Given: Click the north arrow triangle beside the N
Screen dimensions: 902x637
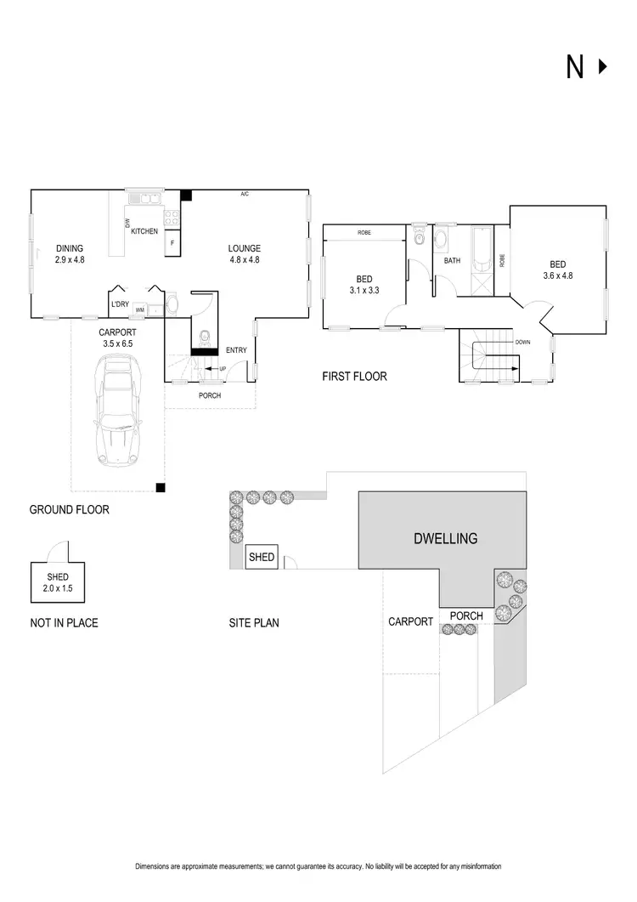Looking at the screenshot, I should click(x=603, y=67).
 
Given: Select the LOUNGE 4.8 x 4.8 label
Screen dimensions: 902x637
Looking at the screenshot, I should click(x=244, y=254).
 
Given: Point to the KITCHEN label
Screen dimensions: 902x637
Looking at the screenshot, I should click(x=144, y=231).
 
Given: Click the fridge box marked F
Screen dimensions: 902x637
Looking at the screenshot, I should click(x=172, y=243).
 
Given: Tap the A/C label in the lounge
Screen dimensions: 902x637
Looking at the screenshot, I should click(x=245, y=195).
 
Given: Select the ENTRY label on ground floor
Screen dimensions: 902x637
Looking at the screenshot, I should click(x=236, y=350).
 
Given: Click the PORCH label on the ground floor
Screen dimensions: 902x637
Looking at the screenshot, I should click(x=209, y=395).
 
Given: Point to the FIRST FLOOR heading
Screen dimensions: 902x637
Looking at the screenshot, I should click(x=354, y=376).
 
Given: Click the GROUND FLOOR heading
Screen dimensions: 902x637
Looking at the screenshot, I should click(x=69, y=510).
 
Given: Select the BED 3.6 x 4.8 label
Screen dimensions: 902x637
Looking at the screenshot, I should click(x=558, y=269).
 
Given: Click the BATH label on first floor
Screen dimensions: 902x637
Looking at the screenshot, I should click(x=452, y=261).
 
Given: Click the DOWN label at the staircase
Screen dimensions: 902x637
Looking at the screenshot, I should click(x=523, y=343).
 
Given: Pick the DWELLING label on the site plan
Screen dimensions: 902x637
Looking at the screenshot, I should click(x=445, y=538).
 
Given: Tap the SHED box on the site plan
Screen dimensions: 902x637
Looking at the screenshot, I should click(x=261, y=558).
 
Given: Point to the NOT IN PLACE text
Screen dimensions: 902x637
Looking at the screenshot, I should click(x=64, y=623).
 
